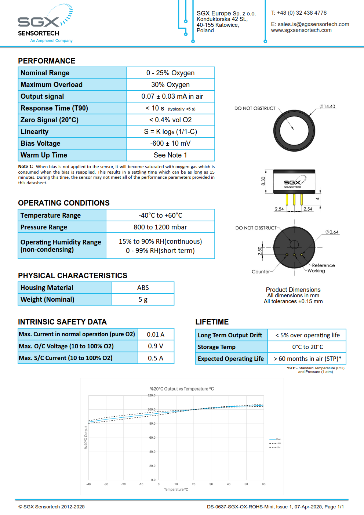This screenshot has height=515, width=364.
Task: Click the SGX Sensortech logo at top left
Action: [45, 24]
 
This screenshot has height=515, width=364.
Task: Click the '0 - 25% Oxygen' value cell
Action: [170, 73]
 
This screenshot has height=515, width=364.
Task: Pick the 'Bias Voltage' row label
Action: [40, 144]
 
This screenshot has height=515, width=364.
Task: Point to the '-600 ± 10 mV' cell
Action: [170, 144]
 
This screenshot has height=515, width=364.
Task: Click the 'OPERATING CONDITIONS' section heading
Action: [64, 203]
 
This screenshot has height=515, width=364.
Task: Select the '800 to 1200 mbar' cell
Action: [160, 227]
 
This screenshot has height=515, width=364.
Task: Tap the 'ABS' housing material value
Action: [143, 288]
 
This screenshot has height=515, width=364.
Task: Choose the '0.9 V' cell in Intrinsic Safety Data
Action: [156, 346]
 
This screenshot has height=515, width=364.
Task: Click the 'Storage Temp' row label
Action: [216, 347]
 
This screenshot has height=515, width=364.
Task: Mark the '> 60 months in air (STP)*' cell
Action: [307, 359]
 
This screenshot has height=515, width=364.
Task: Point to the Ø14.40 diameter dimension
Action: [327, 106]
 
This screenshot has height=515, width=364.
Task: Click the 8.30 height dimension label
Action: [263, 181]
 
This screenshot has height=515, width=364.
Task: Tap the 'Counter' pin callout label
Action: [261, 272]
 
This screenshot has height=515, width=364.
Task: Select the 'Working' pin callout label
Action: [316, 271]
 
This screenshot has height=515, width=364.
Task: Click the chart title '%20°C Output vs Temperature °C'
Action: [182, 389]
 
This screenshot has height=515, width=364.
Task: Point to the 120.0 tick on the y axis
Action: [151, 395]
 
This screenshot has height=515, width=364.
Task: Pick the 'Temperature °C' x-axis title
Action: [176, 489]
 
